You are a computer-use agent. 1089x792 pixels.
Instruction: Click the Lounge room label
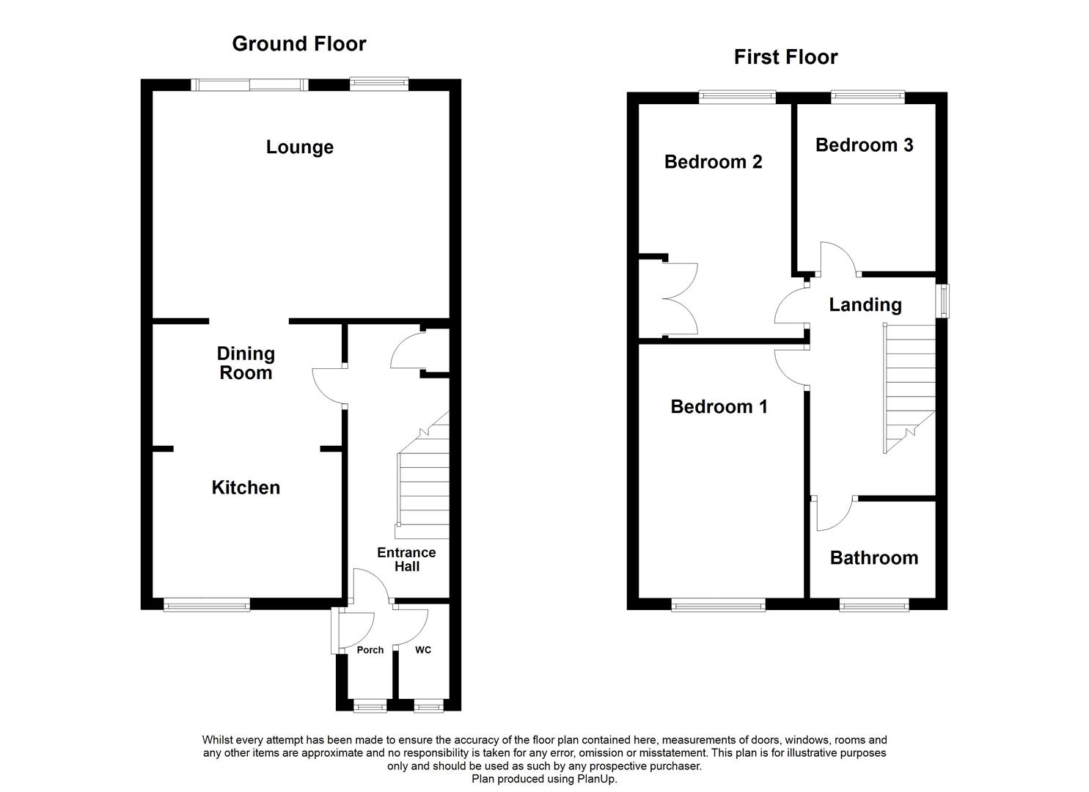[x=299, y=147]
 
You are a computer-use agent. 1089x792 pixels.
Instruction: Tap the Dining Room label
[x=246, y=363]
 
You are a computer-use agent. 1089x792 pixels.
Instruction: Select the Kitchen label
[x=246, y=488]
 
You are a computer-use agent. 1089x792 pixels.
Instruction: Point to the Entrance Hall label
[x=406, y=560]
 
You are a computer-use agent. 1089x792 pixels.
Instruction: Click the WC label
[x=423, y=650]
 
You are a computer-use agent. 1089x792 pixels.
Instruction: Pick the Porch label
[x=370, y=650]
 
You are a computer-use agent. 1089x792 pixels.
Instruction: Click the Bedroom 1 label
[x=719, y=406]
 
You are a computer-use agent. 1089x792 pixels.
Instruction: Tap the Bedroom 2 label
[x=713, y=162]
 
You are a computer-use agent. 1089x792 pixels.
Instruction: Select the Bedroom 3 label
[x=864, y=145]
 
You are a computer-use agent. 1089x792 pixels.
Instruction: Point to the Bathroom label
[x=873, y=558]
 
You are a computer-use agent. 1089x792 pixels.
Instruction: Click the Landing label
[x=865, y=305]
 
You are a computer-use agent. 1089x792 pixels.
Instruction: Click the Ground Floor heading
[x=299, y=44]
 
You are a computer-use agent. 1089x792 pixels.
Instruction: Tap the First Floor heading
[x=785, y=57]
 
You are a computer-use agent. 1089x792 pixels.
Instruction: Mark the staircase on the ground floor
[x=423, y=484]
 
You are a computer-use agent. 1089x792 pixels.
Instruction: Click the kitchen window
[x=207, y=605]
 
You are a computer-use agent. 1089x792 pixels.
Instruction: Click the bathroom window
[x=874, y=605]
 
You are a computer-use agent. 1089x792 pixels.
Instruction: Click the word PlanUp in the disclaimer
[x=596, y=779]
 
